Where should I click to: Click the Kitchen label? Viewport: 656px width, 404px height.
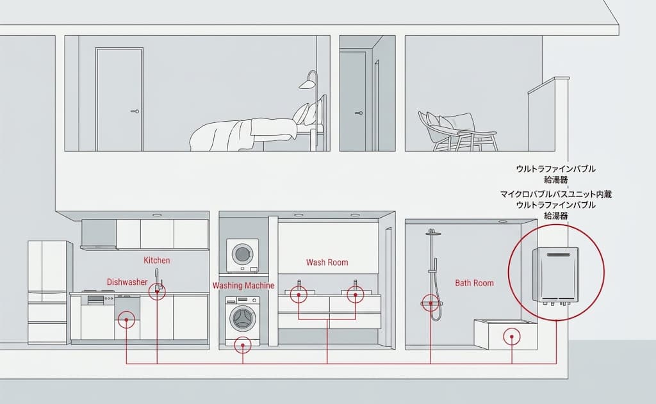point(157,260)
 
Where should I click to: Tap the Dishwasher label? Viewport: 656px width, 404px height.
point(127,282)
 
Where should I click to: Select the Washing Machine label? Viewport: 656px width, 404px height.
point(243,286)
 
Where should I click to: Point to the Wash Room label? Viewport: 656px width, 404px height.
point(327,263)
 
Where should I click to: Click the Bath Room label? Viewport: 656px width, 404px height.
point(475,283)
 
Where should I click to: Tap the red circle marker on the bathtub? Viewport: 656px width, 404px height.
point(512,336)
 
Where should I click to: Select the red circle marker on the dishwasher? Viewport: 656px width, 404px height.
point(126,321)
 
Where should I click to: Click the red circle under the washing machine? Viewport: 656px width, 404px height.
point(243,346)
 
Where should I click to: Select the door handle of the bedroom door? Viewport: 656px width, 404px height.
point(135,111)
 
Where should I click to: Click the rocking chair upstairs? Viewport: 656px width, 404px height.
point(457,131)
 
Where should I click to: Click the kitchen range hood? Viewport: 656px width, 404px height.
point(99,235)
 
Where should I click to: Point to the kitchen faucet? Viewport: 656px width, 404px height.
point(158,279)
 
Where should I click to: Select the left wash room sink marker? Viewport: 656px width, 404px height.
point(299,295)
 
